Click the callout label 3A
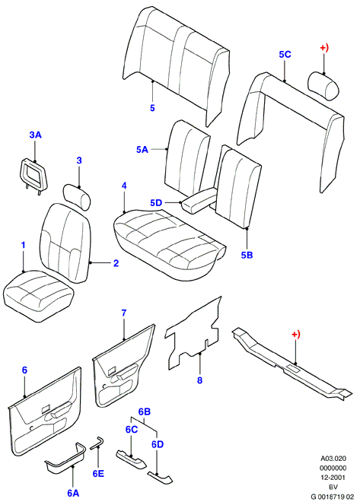pos(36,135)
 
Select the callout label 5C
pos(285,55)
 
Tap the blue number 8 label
pos(199,380)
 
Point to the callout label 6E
pos(98,474)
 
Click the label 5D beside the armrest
pos(156,203)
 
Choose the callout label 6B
pos(145,411)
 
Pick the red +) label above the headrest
pos(324,48)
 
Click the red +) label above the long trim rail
pos(296,334)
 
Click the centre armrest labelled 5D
pos(199,201)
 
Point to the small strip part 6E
pos(96,443)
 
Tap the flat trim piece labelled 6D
pos(160,478)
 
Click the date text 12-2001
pos(333,478)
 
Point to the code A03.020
pos(333,459)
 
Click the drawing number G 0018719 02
pos(333,497)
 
